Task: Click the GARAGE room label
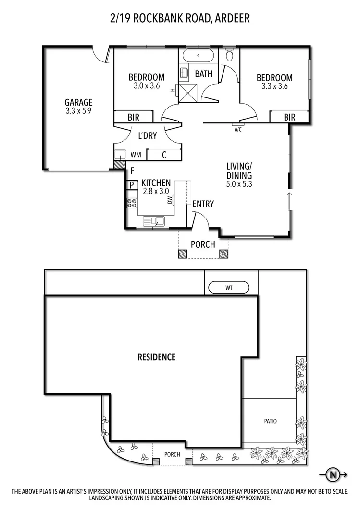[x=78, y=102]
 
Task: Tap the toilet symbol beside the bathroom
[x=229, y=56]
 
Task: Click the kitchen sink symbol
[x=154, y=221]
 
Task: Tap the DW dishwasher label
[x=170, y=200]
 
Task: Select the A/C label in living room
[x=237, y=130]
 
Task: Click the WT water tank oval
[x=228, y=288]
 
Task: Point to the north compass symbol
[x=333, y=475]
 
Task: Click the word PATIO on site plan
[x=270, y=421]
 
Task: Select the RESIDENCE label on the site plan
[x=157, y=357]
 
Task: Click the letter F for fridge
[x=132, y=170]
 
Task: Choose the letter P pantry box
[x=131, y=185]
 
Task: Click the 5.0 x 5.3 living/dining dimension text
[x=239, y=183]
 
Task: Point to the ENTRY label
[x=203, y=204]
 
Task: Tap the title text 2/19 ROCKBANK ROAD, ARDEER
[x=180, y=19]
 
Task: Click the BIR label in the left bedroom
[x=133, y=117]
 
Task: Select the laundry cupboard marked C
[x=164, y=155]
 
